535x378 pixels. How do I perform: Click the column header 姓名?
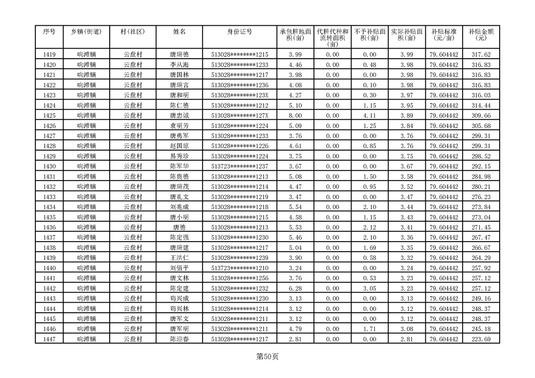(179, 31)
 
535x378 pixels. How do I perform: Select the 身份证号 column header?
(239, 31)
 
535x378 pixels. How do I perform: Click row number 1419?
(49, 55)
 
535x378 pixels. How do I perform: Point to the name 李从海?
(179, 65)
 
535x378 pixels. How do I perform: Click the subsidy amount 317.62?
(481, 55)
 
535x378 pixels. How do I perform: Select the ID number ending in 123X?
(239, 95)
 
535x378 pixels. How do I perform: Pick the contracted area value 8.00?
(295, 116)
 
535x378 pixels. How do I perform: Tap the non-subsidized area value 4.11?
(370, 116)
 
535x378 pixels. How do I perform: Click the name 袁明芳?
(179, 126)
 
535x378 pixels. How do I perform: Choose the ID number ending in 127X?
(239, 116)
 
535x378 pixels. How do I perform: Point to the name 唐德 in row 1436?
(179, 227)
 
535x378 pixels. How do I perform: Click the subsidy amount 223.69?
(481, 339)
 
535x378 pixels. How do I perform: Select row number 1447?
(49, 339)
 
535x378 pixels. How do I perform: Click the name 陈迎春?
(179, 339)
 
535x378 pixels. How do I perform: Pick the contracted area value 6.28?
(295, 288)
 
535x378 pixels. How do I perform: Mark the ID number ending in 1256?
(239, 278)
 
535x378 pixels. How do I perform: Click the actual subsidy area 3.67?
(407, 166)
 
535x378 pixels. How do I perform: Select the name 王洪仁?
(179, 258)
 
